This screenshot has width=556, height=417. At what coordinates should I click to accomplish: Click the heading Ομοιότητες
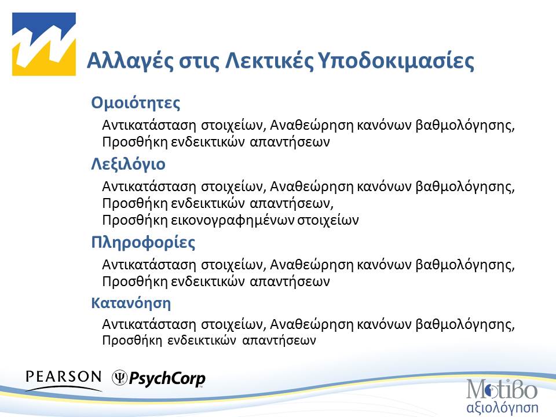(x=136, y=103)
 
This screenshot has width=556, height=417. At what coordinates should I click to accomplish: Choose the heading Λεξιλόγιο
(x=128, y=164)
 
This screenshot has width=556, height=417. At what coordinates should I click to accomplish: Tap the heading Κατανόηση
(x=131, y=302)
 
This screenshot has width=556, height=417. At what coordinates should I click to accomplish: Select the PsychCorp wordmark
(x=167, y=379)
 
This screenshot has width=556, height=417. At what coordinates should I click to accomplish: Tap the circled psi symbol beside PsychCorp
(x=119, y=378)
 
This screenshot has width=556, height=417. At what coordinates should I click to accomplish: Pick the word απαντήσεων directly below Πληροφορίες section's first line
(x=292, y=281)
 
